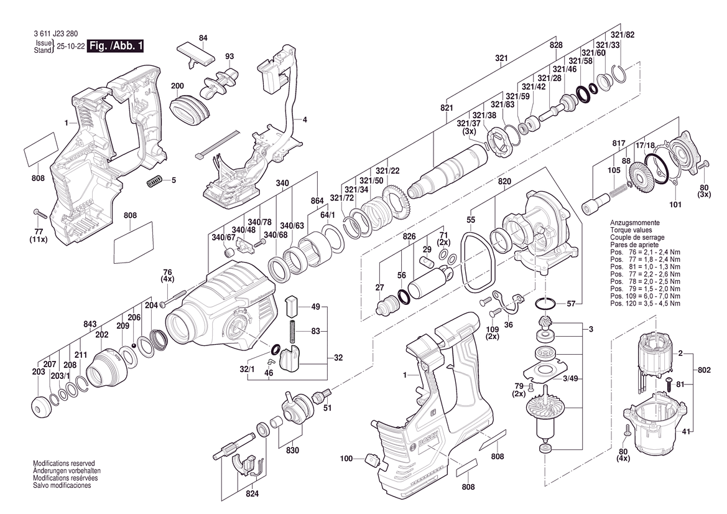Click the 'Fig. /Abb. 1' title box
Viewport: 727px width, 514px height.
[x=116, y=46]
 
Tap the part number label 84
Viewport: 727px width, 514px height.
[x=203, y=39]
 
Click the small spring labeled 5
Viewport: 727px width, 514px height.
[x=154, y=181]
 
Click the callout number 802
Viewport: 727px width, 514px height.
[x=704, y=370]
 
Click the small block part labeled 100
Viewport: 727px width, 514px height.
[x=373, y=459]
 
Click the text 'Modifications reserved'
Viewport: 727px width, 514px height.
[x=63, y=464]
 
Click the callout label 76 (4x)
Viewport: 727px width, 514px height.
[x=167, y=276]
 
